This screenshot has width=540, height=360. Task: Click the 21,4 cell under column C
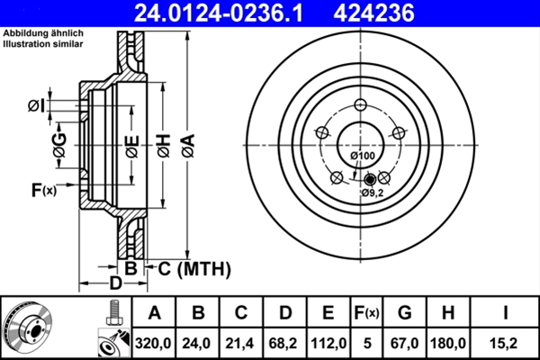click(242, 342)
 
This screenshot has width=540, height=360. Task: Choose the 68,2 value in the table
click(285, 342)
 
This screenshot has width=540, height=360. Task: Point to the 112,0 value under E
click(328, 342)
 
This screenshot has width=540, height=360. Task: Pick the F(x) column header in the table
click(365, 313)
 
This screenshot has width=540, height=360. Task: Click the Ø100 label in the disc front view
click(363, 156)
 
